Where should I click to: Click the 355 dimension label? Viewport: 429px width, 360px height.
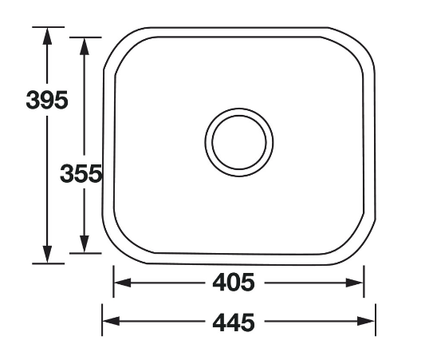tap(81, 173)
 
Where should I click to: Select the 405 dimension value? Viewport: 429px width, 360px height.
tap(234, 282)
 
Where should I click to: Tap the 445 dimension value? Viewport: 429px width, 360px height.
tap(234, 322)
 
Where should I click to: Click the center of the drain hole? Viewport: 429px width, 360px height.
tap(238, 143)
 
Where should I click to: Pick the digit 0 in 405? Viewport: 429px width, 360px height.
tap(234, 282)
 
